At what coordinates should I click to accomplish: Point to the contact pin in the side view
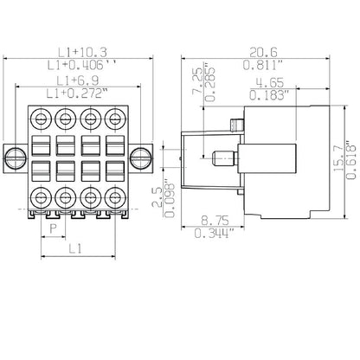[x=223, y=157]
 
